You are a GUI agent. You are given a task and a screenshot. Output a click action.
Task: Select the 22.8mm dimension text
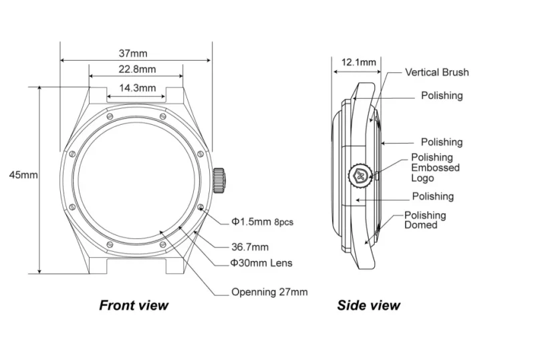[138, 69]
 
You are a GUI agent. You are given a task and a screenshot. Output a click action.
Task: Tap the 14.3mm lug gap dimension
[138, 87]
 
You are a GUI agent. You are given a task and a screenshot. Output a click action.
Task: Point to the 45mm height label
[23, 175]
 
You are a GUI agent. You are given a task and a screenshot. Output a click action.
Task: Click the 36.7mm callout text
[250, 247]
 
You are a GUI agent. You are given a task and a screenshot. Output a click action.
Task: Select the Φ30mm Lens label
[261, 262]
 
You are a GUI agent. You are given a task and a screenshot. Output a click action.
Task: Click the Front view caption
[134, 306]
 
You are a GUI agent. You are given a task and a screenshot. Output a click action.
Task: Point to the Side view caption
[368, 306]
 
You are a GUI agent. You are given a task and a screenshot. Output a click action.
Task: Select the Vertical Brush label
[437, 72]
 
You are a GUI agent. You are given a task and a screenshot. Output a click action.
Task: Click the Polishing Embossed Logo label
[435, 168]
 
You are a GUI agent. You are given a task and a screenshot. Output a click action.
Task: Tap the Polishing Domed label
[425, 220]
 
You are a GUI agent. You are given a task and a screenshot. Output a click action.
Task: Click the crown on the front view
[219, 179]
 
